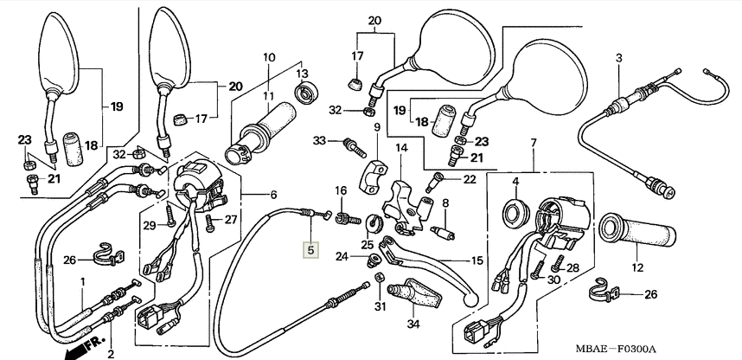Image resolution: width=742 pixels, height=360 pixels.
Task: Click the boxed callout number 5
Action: [x=310, y=251]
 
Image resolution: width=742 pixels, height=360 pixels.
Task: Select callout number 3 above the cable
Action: [x=619, y=58]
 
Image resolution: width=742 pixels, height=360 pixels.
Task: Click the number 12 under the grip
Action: [x=636, y=268]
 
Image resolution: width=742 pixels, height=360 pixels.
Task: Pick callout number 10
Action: [x=268, y=58]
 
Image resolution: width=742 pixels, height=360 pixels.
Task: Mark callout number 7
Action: [x=534, y=142]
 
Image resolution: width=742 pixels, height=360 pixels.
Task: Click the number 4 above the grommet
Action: [x=515, y=181]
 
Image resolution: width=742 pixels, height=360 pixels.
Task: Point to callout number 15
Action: [x=477, y=260]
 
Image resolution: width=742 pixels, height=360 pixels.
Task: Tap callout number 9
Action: [x=377, y=127]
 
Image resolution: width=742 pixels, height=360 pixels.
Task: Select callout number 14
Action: [x=401, y=148]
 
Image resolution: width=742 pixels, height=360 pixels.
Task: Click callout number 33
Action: [x=320, y=140]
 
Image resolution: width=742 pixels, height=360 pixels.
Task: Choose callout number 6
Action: [x=273, y=194]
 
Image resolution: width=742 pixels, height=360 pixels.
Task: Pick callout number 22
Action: [x=470, y=179]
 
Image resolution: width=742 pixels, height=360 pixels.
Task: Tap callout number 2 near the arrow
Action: [x=111, y=353]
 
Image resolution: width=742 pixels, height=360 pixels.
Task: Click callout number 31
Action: [x=378, y=305]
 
